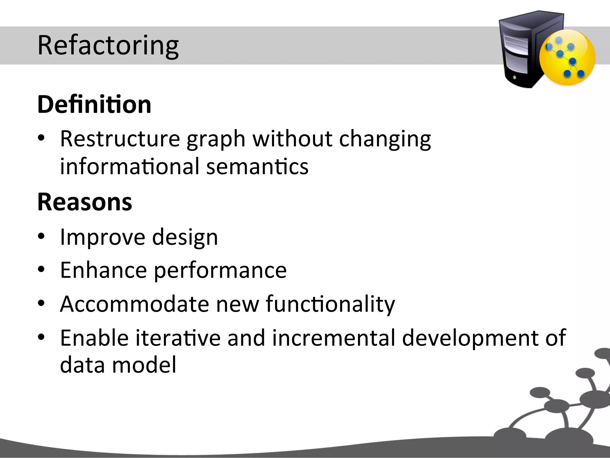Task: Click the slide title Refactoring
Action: point(108,45)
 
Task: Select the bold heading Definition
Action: point(94,104)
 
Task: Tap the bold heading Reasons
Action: point(85,202)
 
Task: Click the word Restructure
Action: point(120,139)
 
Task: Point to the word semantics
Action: point(257,166)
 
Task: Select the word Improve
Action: point(102,237)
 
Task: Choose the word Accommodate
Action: point(134,304)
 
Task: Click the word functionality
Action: point(330,304)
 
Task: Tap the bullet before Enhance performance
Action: point(41,270)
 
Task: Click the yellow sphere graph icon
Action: point(567,57)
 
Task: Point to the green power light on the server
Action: point(515,78)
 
